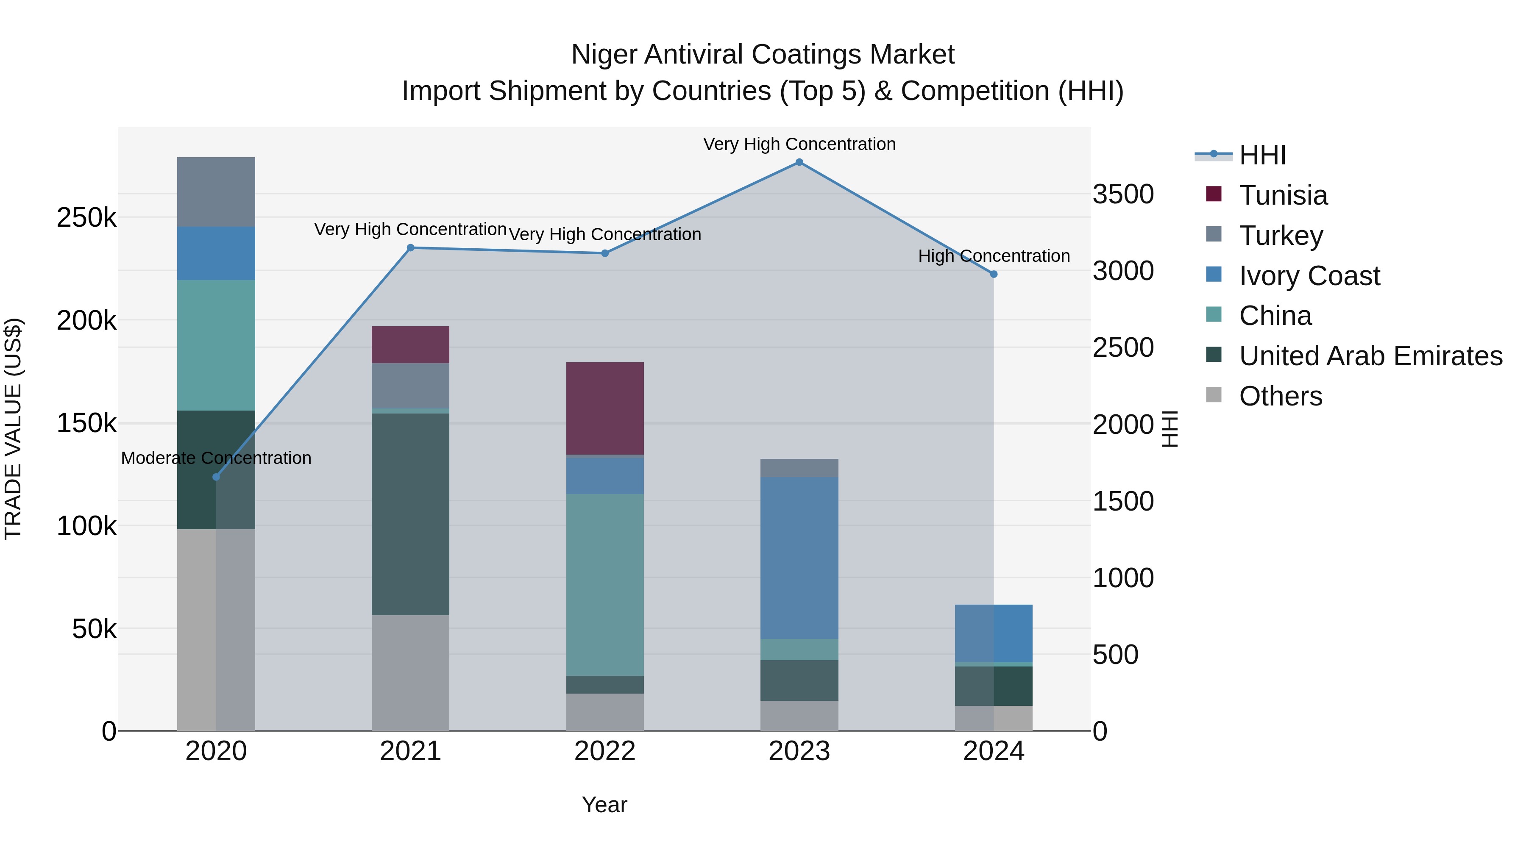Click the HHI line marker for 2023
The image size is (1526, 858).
[799, 162]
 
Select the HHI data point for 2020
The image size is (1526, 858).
[216, 477]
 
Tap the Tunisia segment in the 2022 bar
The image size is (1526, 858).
[605, 408]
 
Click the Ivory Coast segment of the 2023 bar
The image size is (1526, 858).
[799, 557]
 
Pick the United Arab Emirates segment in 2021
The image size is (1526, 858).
[410, 514]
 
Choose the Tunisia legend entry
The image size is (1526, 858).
[1283, 195]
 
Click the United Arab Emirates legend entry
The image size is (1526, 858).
[1370, 356]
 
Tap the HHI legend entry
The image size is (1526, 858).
[1262, 155]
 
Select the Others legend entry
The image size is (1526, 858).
[1280, 396]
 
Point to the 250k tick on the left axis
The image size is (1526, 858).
[86, 218]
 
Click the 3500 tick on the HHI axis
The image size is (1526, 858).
[1123, 194]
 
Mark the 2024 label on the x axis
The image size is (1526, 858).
[994, 751]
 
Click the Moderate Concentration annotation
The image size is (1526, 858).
[216, 458]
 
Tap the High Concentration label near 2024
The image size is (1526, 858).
[994, 256]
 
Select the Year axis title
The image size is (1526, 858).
[604, 805]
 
